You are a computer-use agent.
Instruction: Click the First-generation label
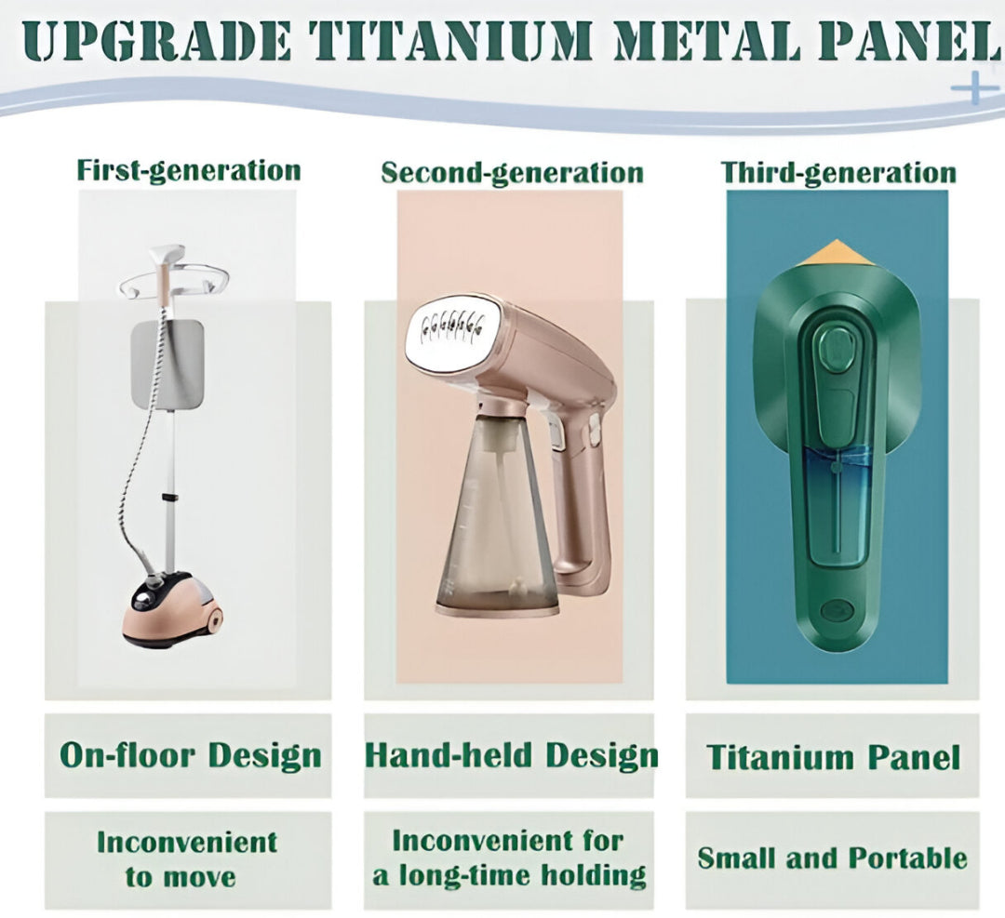pyautogui.click(x=188, y=171)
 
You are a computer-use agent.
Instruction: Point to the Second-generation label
pyautogui.click(x=512, y=173)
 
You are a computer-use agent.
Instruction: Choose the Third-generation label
pyautogui.click(x=838, y=173)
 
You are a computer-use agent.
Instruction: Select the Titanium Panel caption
pyautogui.click(x=833, y=756)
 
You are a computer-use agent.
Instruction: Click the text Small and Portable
pyautogui.click(x=832, y=858)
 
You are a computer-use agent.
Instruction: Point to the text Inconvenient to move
pyautogui.click(x=186, y=859)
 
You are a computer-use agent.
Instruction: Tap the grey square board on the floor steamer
pyautogui.click(x=167, y=366)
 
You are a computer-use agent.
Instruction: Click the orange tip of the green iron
pyautogui.click(x=837, y=252)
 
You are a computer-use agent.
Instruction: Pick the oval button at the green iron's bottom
pyautogui.click(x=836, y=609)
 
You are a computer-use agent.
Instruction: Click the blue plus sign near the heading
pyautogui.click(x=975, y=87)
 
